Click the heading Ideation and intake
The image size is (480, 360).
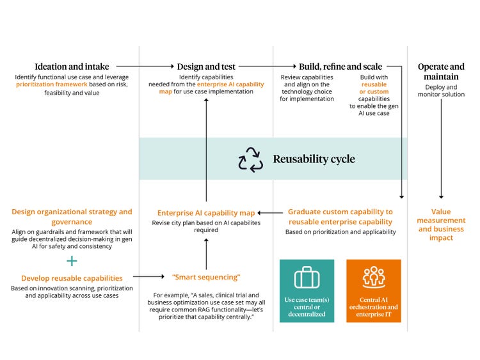click(72, 67)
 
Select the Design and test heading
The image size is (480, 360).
click(207, 67)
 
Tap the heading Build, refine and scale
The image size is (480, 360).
click(340, 67)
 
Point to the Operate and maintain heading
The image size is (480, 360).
click(441, 72)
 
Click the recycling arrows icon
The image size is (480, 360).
click(250, 159)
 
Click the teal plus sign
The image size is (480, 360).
click(72, 261)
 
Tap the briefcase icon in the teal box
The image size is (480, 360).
click(307, 278)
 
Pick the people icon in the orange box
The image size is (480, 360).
click(373, 278)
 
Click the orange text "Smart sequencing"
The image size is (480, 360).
click(206, 277)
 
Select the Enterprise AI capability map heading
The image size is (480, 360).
click(206, 213)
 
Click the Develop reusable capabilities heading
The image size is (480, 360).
click(72, 278)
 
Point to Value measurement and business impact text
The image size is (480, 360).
click(441, 224)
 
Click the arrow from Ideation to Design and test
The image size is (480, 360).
click(145, 66)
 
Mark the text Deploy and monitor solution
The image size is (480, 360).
click(441, 91)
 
